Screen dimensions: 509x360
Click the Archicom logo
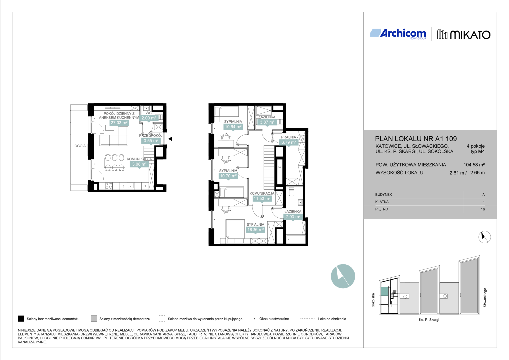pos(398,34)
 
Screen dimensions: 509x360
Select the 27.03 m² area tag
pos(119,123)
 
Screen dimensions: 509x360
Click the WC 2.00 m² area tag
pos(149,118)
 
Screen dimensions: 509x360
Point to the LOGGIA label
pos(79,146)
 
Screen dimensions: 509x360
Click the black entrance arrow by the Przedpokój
pos(170,139)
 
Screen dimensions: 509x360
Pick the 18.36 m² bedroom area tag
pos(255,230)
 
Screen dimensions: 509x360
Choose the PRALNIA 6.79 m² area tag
pos(288,143)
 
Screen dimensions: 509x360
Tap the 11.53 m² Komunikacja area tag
pos(262,199)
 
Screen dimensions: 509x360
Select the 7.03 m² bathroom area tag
pos(293,217)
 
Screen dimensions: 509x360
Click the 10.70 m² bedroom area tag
pos(228,176)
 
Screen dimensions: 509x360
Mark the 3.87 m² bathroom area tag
pos(267,122)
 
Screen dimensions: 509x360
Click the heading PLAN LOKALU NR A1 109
pos(416,139)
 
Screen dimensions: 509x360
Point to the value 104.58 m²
pos(474,165)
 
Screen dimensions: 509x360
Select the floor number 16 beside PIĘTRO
pos(483,209)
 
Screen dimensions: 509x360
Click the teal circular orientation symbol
pos(343,276)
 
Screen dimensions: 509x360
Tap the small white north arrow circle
pos(484,237)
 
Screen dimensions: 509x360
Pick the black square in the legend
pos(21,319)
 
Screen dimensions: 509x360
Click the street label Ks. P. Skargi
pos(429,320)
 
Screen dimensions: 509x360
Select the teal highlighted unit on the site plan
pos(385,291)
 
